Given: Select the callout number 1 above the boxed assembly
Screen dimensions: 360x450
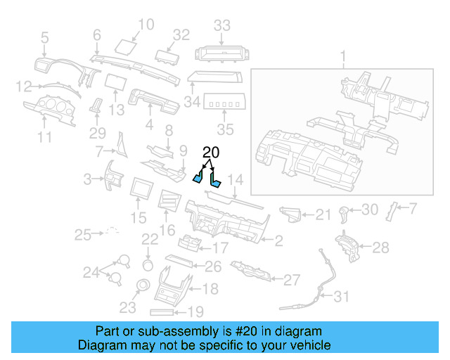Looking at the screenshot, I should (343, 55).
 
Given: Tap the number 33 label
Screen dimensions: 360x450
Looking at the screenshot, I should (222, 26).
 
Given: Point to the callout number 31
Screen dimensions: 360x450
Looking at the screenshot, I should (340, 297).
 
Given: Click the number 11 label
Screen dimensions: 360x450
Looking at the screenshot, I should (44, 138).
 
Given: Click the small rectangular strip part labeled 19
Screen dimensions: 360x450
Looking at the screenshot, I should (167, 311).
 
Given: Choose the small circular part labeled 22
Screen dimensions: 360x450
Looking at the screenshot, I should (148, 265).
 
